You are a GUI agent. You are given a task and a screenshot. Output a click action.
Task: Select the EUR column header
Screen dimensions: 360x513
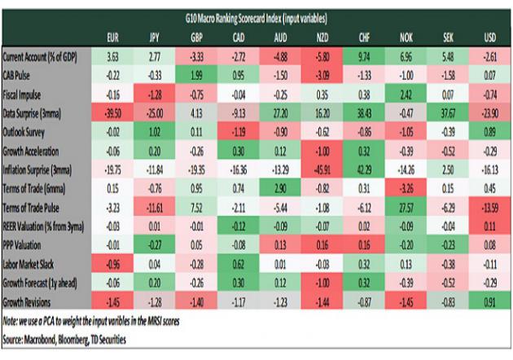point(115,37)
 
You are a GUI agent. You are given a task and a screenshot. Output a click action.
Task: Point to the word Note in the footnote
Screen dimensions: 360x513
point(13,321)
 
